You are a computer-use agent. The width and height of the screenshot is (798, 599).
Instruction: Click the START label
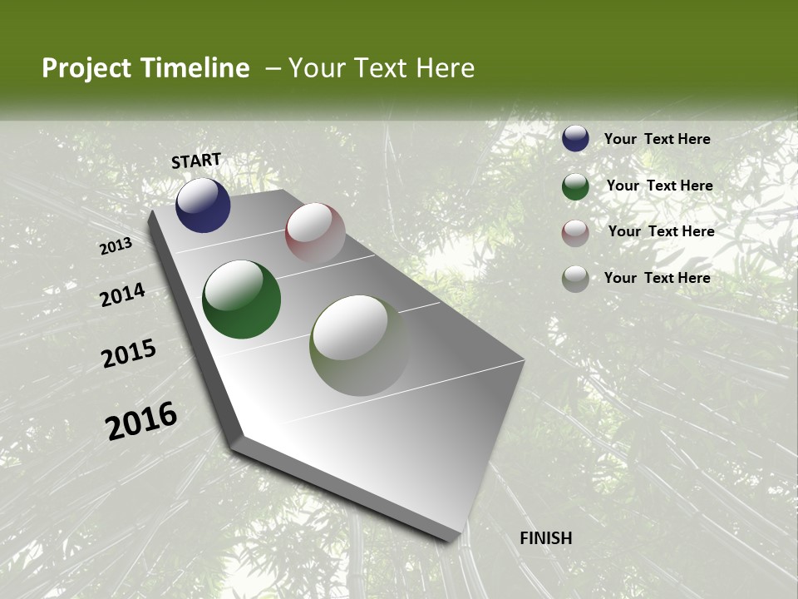tap(196, 161)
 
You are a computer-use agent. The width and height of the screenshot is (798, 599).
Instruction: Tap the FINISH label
tap(546, 538)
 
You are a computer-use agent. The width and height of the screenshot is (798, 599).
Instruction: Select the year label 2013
tap(116, 246)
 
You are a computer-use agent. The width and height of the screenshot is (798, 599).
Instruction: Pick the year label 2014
tap(123, 295)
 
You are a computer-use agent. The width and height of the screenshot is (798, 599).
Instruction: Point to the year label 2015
tap(129, 354)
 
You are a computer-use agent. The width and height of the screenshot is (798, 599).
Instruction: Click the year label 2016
tap(141, 420)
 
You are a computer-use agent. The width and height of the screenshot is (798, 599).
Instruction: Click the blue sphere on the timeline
tap(203, 205)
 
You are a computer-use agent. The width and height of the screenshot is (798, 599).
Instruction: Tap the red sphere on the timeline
tap(315, 233)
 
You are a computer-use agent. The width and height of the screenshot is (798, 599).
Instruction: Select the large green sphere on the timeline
tap(241, 299)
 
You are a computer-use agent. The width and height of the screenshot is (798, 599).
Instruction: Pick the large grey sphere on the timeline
tap(359, 345)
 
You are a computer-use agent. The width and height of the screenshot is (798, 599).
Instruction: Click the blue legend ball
tap(575, 138)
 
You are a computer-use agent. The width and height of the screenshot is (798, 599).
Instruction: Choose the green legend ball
tap(575, 186)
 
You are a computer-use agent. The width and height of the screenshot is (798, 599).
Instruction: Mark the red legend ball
tap(575, 233)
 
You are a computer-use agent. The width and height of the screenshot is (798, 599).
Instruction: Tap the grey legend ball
tap(575, 279)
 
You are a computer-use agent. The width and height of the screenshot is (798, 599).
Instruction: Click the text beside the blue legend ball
tap(657, 139)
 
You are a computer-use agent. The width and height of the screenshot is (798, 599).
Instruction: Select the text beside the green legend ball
tap(659, 186)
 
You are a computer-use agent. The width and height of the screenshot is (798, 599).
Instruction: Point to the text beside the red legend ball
tap(661, 231)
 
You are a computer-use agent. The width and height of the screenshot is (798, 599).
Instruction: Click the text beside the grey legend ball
tap(657, 278)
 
